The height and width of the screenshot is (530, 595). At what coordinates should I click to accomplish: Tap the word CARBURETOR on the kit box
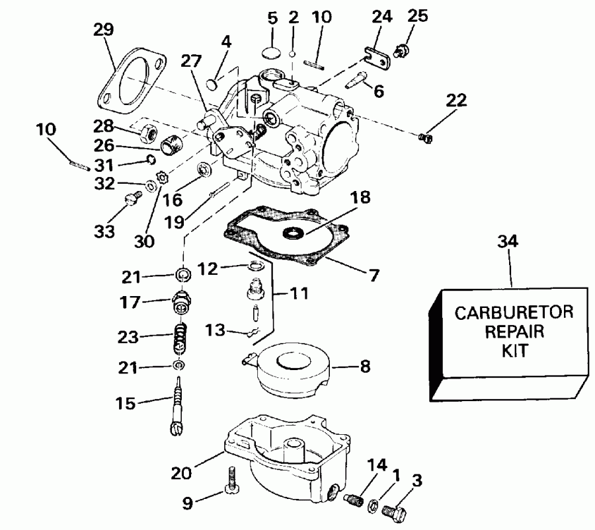tap(508, 313)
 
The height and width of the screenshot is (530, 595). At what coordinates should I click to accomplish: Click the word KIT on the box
tap(509, 350)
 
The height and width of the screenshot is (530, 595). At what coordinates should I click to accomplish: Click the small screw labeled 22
tap(426, 137)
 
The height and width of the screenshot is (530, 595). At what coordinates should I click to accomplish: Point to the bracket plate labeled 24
tap(377, 54)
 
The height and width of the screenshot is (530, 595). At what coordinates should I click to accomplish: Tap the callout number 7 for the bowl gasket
tap(374, 275)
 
